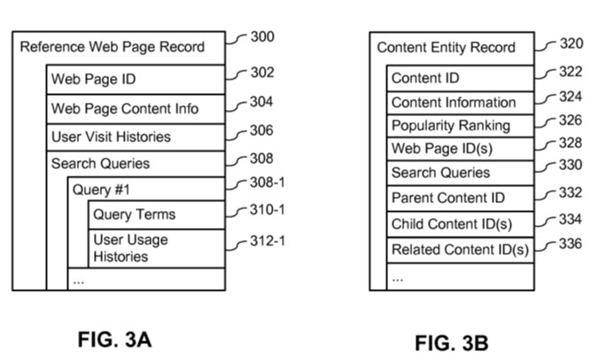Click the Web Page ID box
(136, 80)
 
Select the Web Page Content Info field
(136, 109)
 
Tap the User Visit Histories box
(136, 137)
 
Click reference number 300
(262, 38)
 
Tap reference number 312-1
(270, 240)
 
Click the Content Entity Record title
(446, 48)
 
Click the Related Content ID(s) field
(459, 250)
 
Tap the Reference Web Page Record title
(112, 47)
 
